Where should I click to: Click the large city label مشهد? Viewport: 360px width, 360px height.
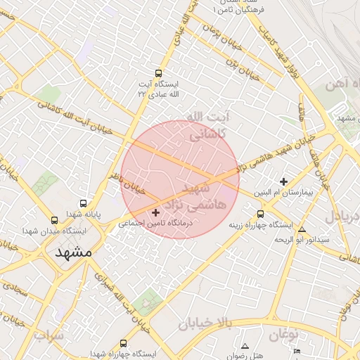coord(73,252)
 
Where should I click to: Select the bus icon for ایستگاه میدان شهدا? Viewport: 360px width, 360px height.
coord(55,220)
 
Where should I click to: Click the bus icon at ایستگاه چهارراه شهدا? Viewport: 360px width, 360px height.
coord(124,343)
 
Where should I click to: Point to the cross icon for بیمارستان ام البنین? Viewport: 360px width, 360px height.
coord(284,181)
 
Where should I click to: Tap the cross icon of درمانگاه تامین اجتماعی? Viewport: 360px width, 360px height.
coord(155,212)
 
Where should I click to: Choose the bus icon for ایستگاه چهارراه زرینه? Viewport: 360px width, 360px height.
coord(261,214)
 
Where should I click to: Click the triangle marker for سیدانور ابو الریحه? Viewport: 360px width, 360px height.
coord(302,229)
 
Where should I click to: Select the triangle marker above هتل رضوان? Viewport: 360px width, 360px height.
coord(245,346)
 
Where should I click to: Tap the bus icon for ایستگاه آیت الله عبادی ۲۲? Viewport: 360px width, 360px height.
coord(157,73)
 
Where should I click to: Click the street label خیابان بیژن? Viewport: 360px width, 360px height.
coord(243,69)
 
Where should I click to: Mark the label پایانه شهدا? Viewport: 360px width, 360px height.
coord(85,213)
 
